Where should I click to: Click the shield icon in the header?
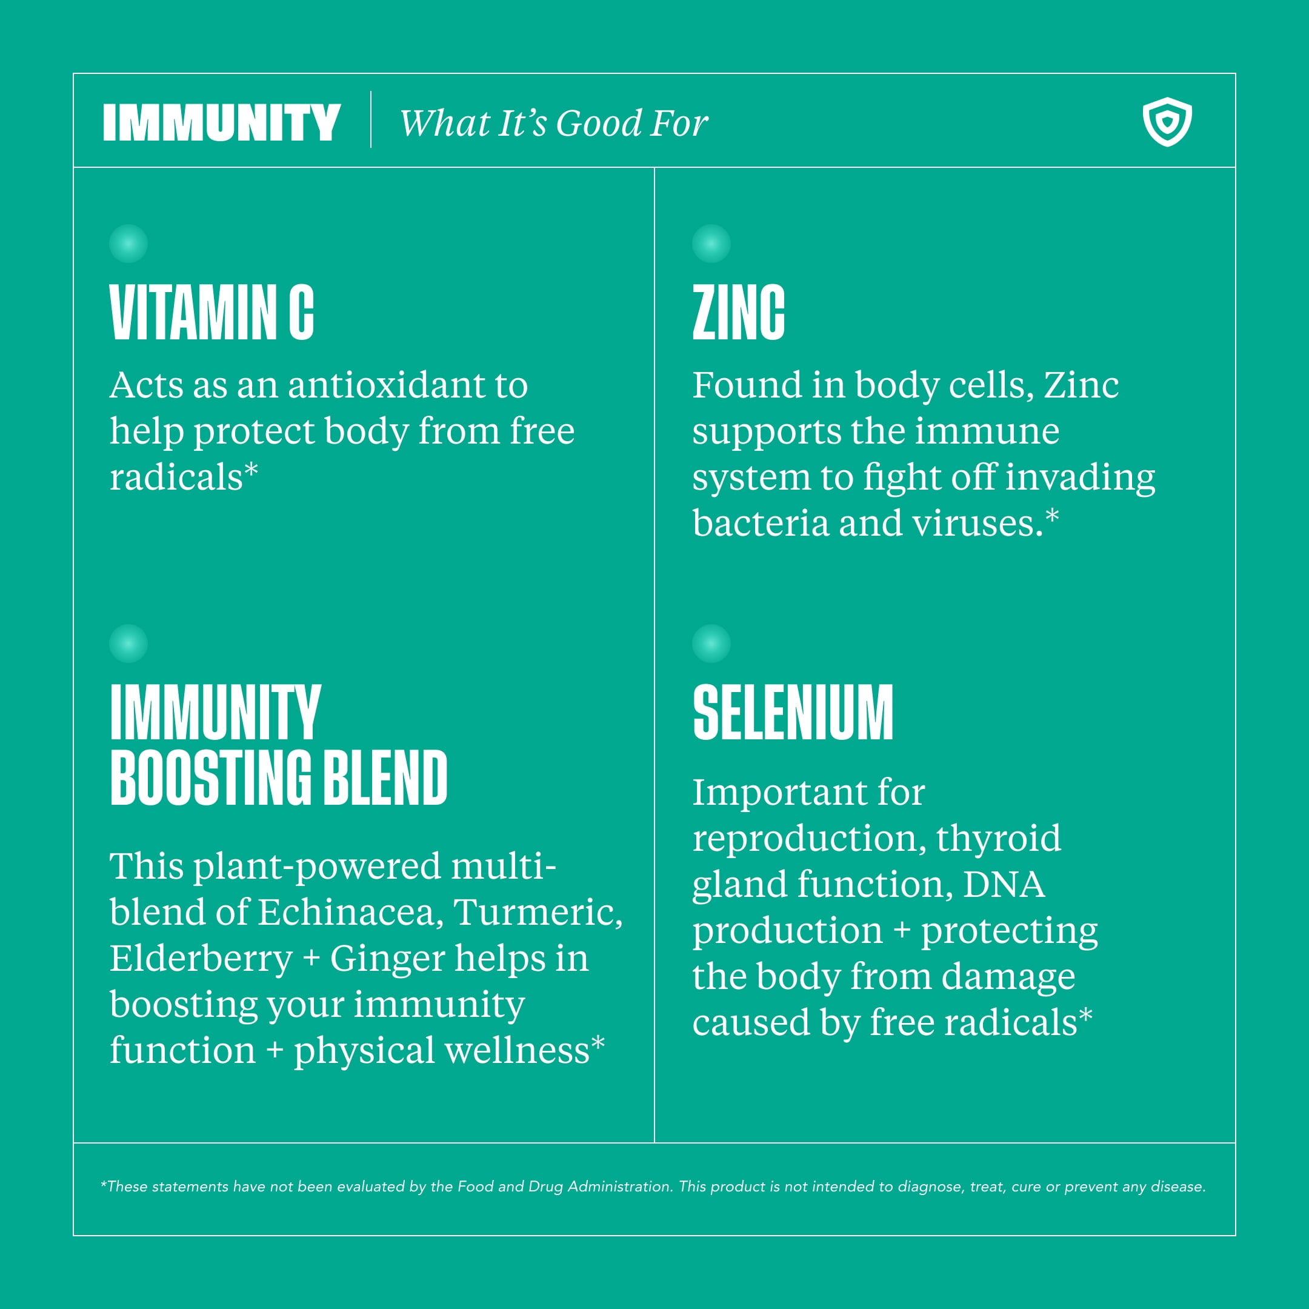pos(1167,122)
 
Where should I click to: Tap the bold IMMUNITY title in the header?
pos(222,122)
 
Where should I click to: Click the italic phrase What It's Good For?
pos(553,123)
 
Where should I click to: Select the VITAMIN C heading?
pos(212,312)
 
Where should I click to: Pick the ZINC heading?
pos(739,312)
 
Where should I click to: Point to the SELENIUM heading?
pos(793,712)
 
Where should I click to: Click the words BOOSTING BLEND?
pos(279,778)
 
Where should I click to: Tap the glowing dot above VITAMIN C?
pos(128,243)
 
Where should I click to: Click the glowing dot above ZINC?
pos(711,243)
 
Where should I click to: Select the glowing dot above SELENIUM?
pos(711,643)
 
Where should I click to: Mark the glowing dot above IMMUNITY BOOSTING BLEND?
pos(128,643)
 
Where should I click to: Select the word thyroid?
pos(998,839)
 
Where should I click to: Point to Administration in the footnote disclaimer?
pos(619,1187)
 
